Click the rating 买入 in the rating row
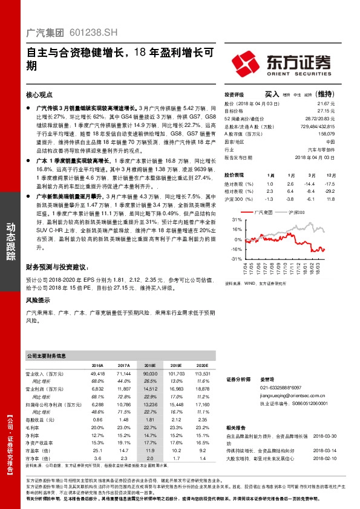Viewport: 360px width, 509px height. click(271, 94)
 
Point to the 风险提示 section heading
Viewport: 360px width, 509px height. click(39, 300)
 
